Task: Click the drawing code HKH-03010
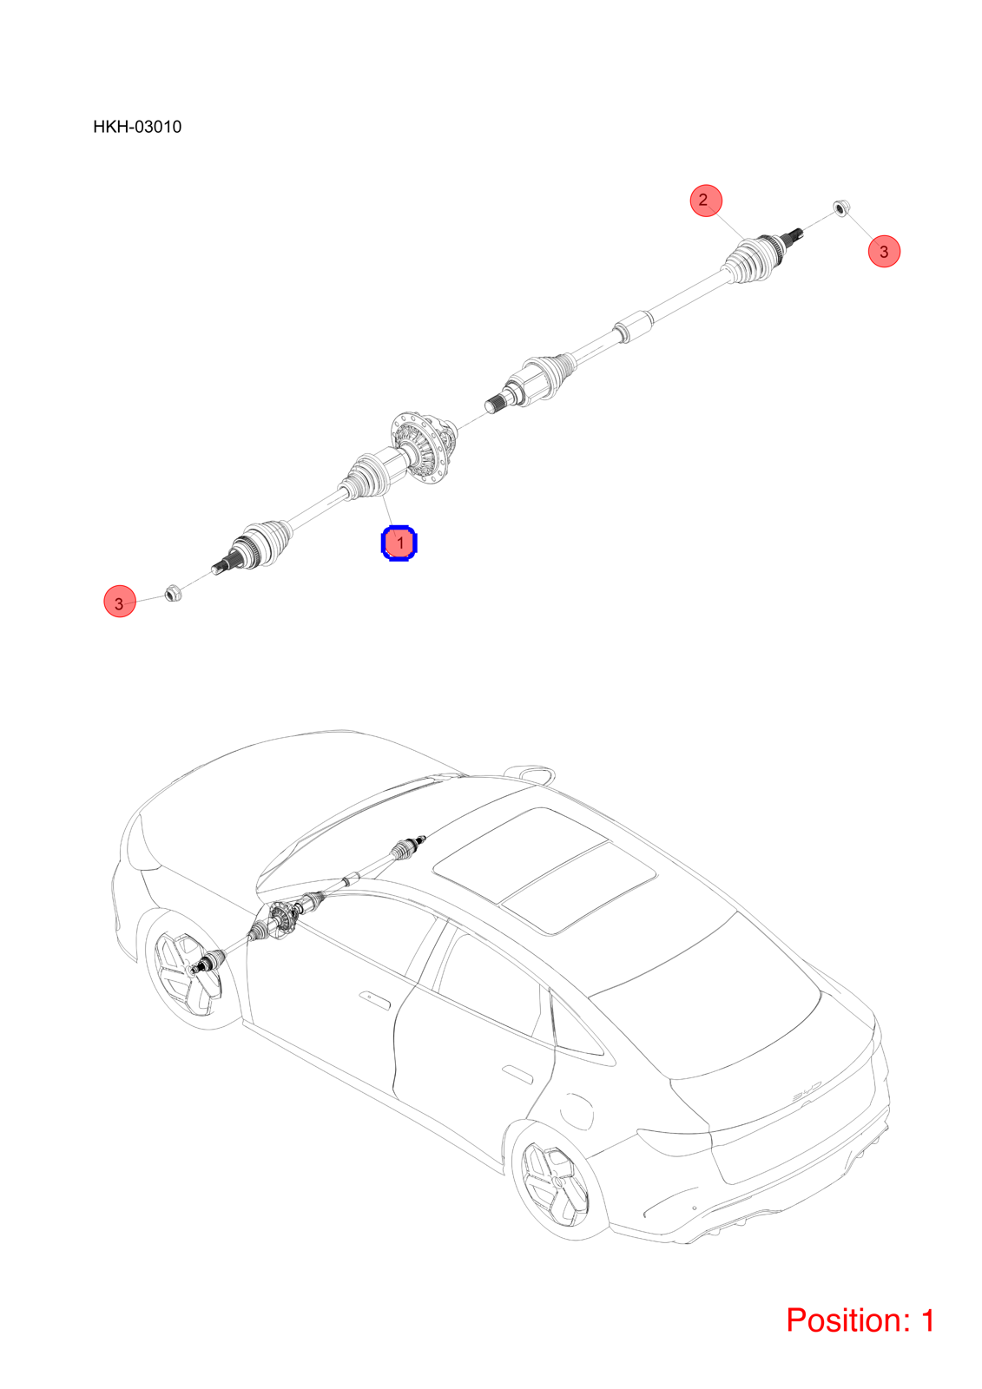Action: (137, 127)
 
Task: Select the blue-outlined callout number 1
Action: (399, 543)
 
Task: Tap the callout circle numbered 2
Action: (706, 201)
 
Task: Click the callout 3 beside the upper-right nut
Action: (884, 251)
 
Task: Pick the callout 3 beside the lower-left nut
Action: (120, 601)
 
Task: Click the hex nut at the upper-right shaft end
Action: (840, 207)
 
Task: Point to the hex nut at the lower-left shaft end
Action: (173, 593)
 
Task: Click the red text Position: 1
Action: (860, 1320)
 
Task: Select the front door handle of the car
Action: (374, 999)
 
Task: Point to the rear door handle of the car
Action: (517, 1074)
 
